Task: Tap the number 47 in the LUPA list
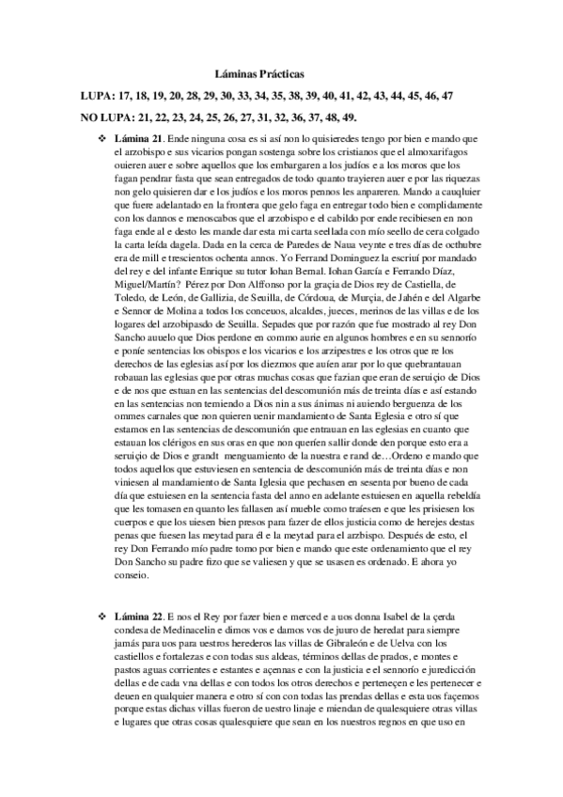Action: tap(447, 95)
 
